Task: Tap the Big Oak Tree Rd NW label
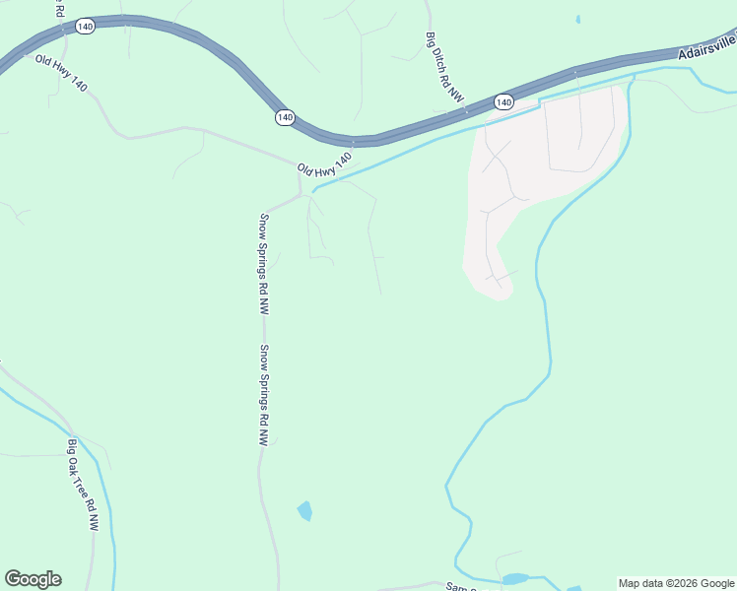[84, 488]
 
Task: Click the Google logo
[33, 579]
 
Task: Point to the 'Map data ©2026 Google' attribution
[676, 583]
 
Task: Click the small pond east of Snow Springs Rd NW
[304, 510]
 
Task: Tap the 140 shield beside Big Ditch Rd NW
[503, 101]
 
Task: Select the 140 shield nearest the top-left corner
[85, 27]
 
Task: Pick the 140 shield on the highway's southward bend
[285, 117]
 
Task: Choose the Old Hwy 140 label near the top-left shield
[62, 74]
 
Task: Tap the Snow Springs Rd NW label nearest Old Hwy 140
[264, 264]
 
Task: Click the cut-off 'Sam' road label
[459, 587]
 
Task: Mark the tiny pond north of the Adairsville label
[577, 19]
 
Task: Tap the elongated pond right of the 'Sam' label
[515, 579]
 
